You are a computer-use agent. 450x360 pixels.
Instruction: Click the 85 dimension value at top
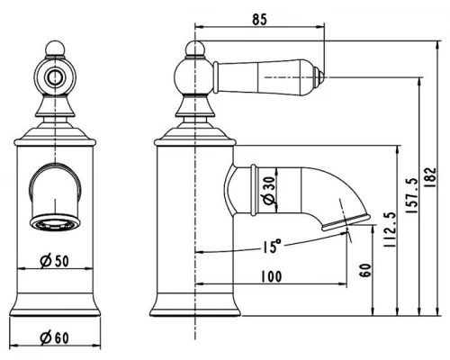click(x=259, y=20)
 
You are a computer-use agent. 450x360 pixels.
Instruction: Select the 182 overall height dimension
click(x=430, y=177)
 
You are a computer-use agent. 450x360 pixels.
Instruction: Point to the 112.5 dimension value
click(x=390, y=229)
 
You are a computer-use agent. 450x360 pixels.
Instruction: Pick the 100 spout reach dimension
click(x=272, y=276)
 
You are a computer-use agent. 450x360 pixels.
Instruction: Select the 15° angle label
click(x=272, y=246)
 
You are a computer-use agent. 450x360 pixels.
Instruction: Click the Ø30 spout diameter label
click(x=268, y=190)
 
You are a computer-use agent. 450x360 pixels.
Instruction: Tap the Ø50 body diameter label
click(x=54, y=261)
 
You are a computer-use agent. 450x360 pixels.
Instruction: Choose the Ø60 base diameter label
click(x=54, y=338)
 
